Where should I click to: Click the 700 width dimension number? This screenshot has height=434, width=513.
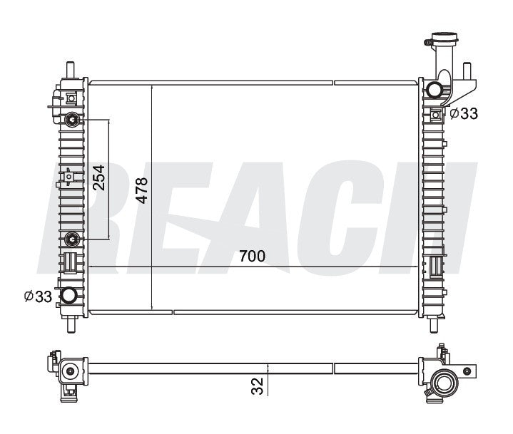pyautogui.click(x=252, y=257)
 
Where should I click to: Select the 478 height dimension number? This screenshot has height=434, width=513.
pyautogui.click(x=142, y=190)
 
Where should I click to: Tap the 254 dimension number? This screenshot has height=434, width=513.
pyautogui.click(x=98, y=177)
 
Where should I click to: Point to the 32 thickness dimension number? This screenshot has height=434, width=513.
pyautogui.click(x=258, y=386)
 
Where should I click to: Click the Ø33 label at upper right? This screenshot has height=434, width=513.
pyautogui.click(x=464, y=113)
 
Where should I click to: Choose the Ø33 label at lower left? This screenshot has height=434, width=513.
pyautogui.click(x=38, y=296)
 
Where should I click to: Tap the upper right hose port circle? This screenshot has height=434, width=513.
pyautogui.click(x=434, y=90)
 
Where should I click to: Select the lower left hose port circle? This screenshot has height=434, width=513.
pyautogui.click(x=68, y=296)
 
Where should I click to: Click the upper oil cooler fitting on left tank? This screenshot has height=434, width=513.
pyautogui.click(x=72, y=120)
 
